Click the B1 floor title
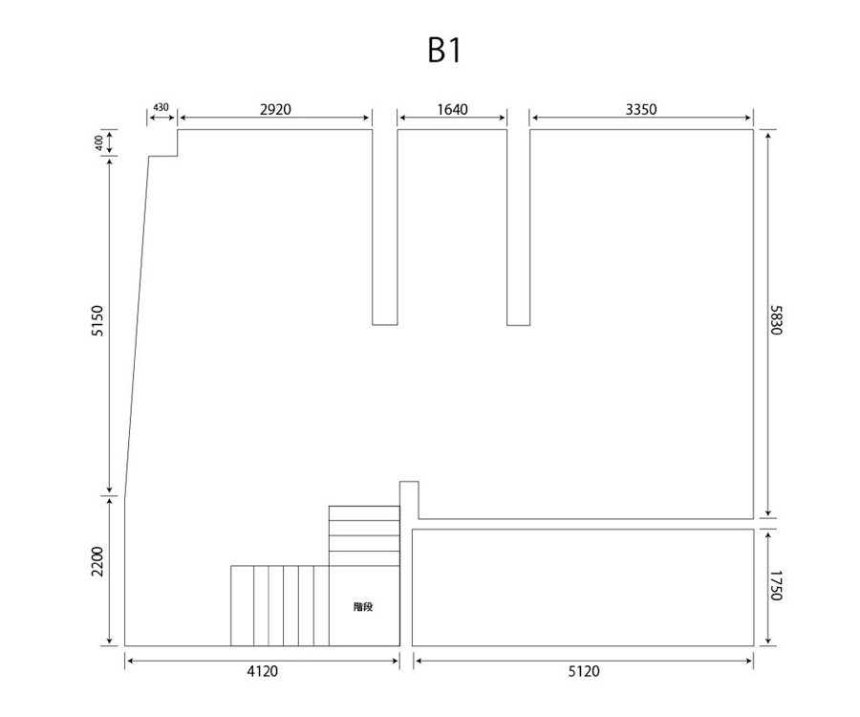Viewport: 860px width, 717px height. pos(444,51)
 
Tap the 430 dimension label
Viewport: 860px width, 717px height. pos(161,107)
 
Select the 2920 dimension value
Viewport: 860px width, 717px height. pos(275,109)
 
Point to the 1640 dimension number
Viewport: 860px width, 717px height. pos(453,109)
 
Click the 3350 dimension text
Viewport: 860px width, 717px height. pos(641,109)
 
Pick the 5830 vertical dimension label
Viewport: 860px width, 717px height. pos(776,320)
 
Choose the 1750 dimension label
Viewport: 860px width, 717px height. pos(776,586)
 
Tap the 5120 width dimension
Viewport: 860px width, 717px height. pos(584,671)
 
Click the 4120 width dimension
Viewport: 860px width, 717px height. pos(262,671)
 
